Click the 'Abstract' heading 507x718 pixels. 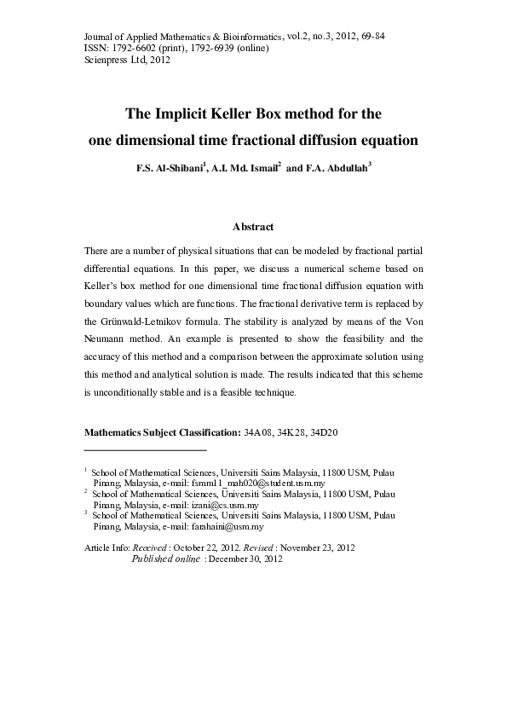pos(253,227)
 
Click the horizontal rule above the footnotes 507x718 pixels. pos(146,449)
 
